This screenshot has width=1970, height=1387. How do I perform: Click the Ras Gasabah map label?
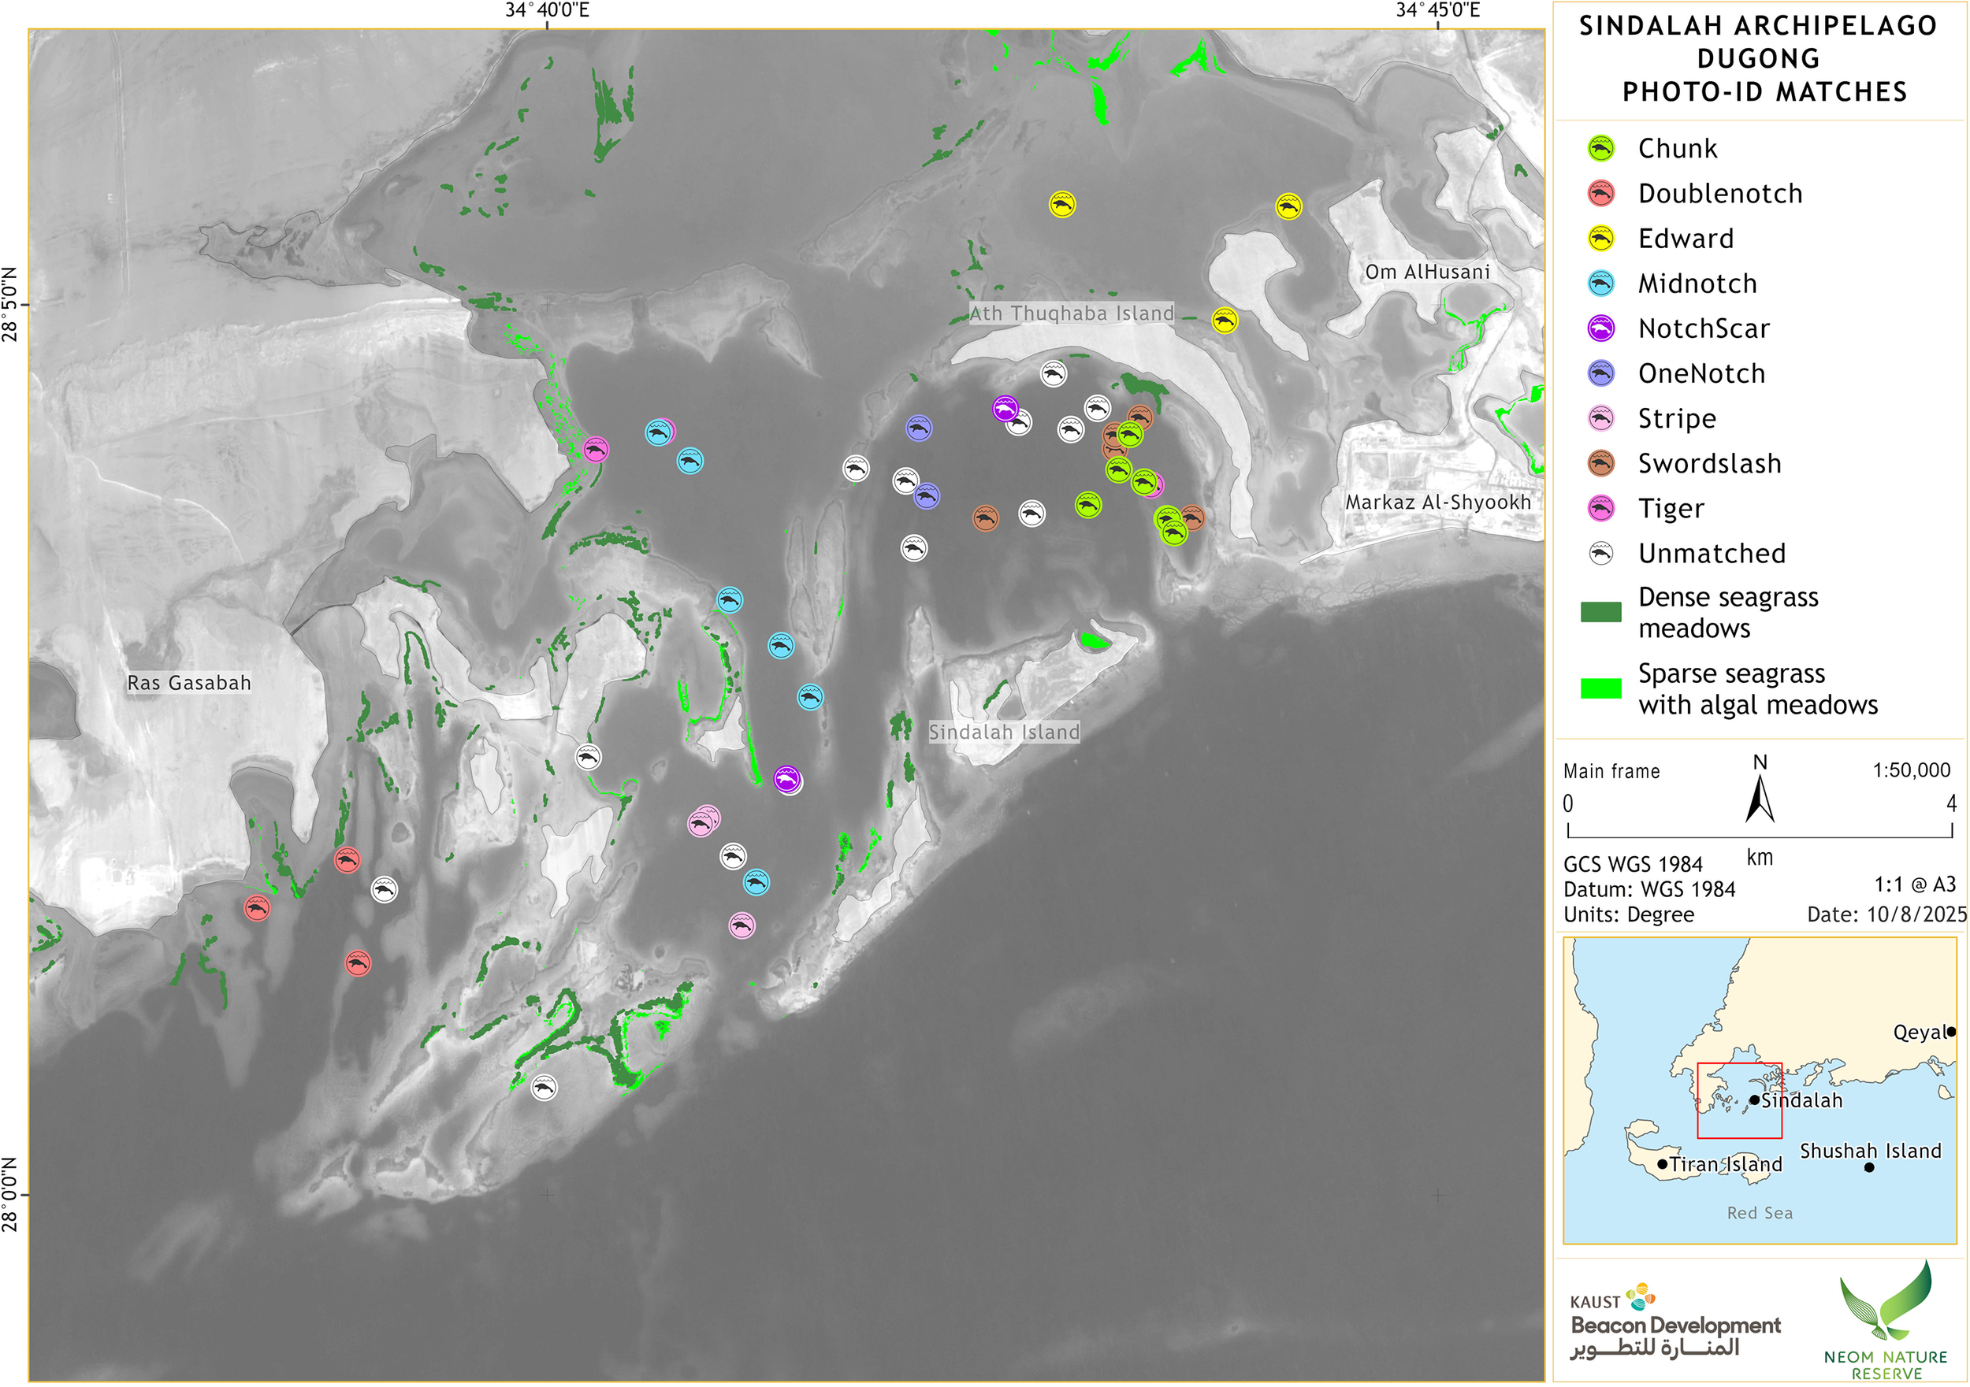pos(189,683)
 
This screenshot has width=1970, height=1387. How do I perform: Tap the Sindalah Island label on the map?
pos(1004,732)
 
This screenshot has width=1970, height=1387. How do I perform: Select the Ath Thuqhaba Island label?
pos(1071,313)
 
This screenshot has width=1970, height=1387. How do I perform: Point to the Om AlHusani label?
pos(1427,272)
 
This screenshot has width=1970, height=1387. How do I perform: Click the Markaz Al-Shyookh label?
pos(1438,502)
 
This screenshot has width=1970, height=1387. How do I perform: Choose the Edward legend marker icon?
pos(1601,239)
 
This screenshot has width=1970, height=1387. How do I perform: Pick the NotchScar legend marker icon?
pos(1601,328)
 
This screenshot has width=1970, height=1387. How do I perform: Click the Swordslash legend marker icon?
pos(1601,464)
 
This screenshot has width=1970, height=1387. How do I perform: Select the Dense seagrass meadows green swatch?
pos(1601,611)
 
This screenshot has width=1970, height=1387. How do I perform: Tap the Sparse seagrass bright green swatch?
pos(1601,688)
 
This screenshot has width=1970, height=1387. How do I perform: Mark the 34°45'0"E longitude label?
pos(1437,10)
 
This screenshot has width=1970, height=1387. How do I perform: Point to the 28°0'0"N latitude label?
pos(9,1193)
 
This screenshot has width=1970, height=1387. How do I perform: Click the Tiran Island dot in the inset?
pos(1662,1164)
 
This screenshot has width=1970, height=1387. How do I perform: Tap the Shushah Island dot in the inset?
pos(1869,1166)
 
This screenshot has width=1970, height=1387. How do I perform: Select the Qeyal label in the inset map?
pos(1919,1032)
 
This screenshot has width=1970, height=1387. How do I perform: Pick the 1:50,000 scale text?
pos(1911,770)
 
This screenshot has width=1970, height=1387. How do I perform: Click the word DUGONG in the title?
pos(1758,58)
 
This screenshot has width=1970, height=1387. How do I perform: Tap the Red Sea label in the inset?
pos(1759,1213)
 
